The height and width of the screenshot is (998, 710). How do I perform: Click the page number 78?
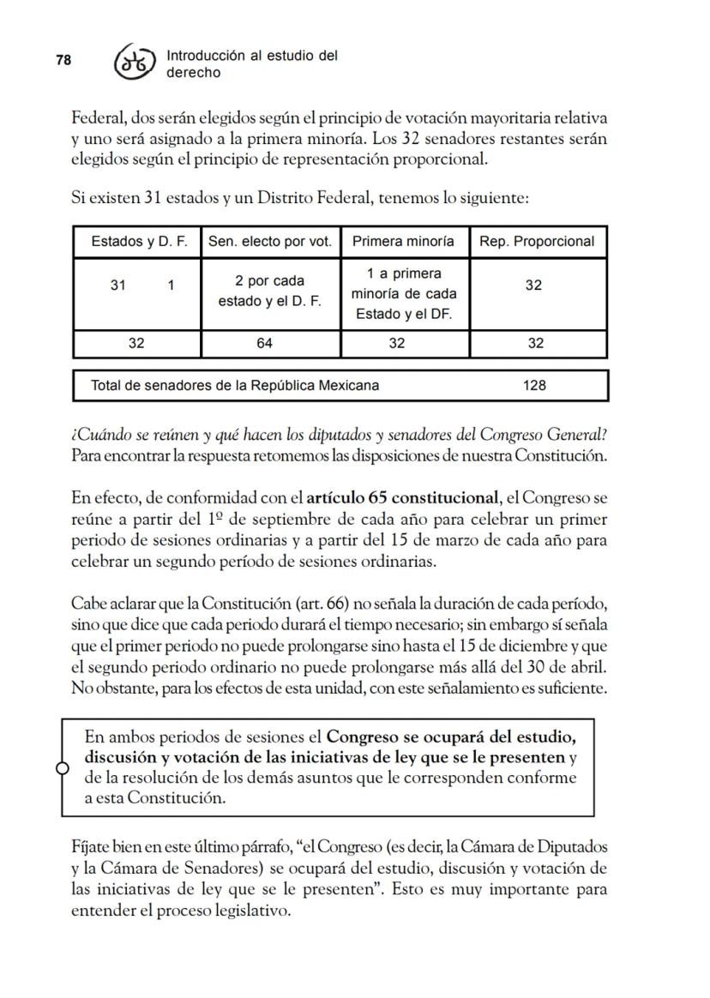point(63,60)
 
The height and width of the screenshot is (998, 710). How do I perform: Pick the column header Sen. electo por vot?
point(270,242)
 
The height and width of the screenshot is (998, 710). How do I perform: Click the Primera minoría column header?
point(403,242)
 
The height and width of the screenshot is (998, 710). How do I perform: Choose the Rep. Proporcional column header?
point(537,242)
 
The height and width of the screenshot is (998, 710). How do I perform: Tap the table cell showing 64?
point(270,344)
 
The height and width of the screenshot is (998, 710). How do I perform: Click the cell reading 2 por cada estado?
point(270,292)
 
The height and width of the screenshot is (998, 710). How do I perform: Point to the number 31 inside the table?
point(119,286)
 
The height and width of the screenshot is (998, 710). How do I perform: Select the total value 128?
point(534,386)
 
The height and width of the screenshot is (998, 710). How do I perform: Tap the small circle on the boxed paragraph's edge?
point(62,768)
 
